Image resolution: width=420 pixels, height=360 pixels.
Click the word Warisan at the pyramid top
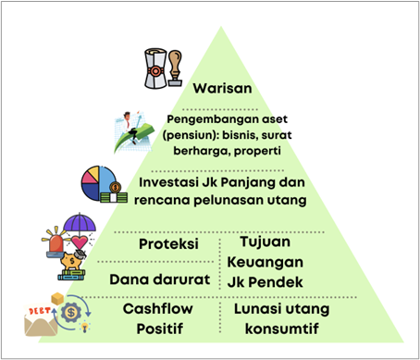coord(222,88)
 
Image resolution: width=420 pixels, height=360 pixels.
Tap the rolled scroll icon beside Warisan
coord(155,68)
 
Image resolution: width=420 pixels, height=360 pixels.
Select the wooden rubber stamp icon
coord(175,68)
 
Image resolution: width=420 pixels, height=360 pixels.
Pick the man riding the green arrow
coord(130,127)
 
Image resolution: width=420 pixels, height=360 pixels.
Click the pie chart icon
coord(99,183)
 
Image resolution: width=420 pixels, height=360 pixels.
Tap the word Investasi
coord(168,182)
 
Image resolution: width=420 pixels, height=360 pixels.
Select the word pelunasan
coord(229,200)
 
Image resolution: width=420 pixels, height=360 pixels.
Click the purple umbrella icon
coord(80,223)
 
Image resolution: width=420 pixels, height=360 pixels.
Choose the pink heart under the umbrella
coord(80,242)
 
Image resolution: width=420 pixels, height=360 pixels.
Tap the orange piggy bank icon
coord(71,261)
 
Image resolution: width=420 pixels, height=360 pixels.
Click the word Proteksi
coord(168,244)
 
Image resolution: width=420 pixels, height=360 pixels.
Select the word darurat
coord(181,279)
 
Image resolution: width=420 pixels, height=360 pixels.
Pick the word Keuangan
coord(266,262)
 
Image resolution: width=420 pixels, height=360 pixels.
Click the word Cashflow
coord(158,308)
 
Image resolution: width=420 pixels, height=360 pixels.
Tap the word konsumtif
coord(282,329)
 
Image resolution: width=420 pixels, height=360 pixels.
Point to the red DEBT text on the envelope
coord(40,311)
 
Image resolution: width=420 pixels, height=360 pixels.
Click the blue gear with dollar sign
coord(71,312)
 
